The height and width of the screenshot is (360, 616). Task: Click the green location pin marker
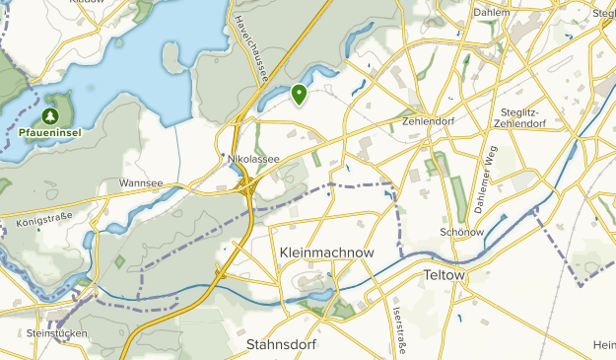[299, 95]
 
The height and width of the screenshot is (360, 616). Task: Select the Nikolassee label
[253, 159]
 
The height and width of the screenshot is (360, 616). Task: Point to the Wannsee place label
[138, 182]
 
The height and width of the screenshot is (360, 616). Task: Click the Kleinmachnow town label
[326, 253]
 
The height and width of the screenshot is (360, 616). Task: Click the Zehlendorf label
[432, 121]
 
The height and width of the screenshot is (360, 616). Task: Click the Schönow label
[459, 232]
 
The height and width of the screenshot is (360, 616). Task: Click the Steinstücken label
[58, 333]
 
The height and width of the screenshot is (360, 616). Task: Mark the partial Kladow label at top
[87, 3]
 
